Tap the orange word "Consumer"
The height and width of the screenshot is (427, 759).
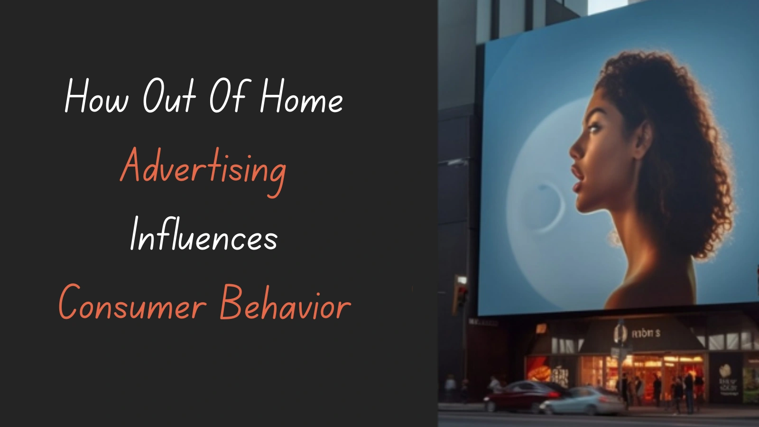(132, 304)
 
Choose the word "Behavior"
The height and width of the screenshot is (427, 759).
(285, 304)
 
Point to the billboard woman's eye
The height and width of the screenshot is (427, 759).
(594, 128)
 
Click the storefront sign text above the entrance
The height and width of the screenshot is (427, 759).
(646, 334)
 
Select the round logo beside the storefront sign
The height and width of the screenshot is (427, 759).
(620, 333)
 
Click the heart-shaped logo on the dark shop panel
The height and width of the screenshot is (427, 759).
(724, 370)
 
